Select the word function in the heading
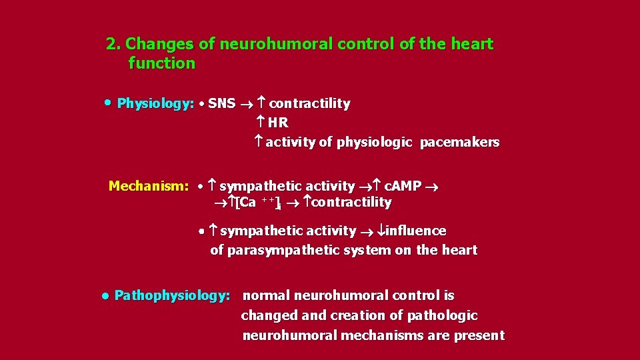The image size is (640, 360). pyautogui.click(x=162, y=64)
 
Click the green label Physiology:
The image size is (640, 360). pyautogui.click(x=155, y=103)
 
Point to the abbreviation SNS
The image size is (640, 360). pyautogui.click(x=221, y=103)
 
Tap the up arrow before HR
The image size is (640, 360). pyautogui.click(x=261, y=123)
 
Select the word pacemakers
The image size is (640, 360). pyautogui.click(x=459, y=143)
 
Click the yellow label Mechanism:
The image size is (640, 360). pyautogui.click(x=149, y=186)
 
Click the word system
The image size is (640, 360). pyautogui.click(x=367, y=251)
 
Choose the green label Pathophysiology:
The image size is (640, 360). pyautogui.click(x=173, y=295)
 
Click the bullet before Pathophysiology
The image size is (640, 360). pyautogui.click(x=105, y=295)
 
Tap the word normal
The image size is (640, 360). pyautogui.click(x=266, y=295)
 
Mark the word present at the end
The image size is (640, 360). pyautogui.click(x=479, y=335)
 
